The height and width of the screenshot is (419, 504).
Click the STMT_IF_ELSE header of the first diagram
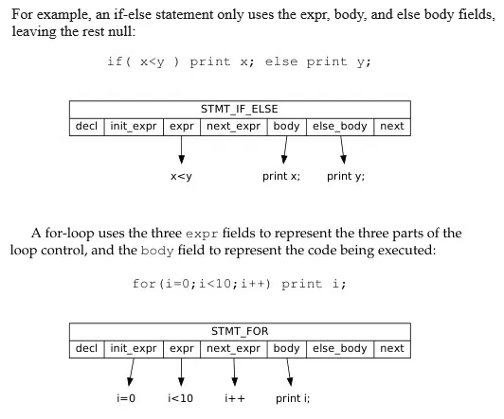click(239, 109)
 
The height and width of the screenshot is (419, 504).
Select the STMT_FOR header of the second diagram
click(239, 331)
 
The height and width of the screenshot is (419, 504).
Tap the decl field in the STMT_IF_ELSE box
click(84, 126)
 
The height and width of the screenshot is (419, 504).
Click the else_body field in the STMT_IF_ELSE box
click(340, 126)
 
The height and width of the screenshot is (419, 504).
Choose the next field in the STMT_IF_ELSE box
click(391, 126)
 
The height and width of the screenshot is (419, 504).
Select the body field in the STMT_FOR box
click(286, 348)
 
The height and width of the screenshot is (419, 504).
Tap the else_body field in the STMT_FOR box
click(340, 348)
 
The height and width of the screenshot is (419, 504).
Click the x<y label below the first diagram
click(181, 177)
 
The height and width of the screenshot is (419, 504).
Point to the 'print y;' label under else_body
click(346, 177)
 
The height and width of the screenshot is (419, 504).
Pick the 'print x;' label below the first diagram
click(281, 177)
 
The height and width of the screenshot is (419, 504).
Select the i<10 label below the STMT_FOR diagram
click(179, 398)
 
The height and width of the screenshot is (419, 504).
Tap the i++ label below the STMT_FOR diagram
click(234, 398)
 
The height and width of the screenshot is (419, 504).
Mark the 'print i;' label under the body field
click(292, 398)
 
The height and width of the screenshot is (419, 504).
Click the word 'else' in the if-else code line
click(281, 61)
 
